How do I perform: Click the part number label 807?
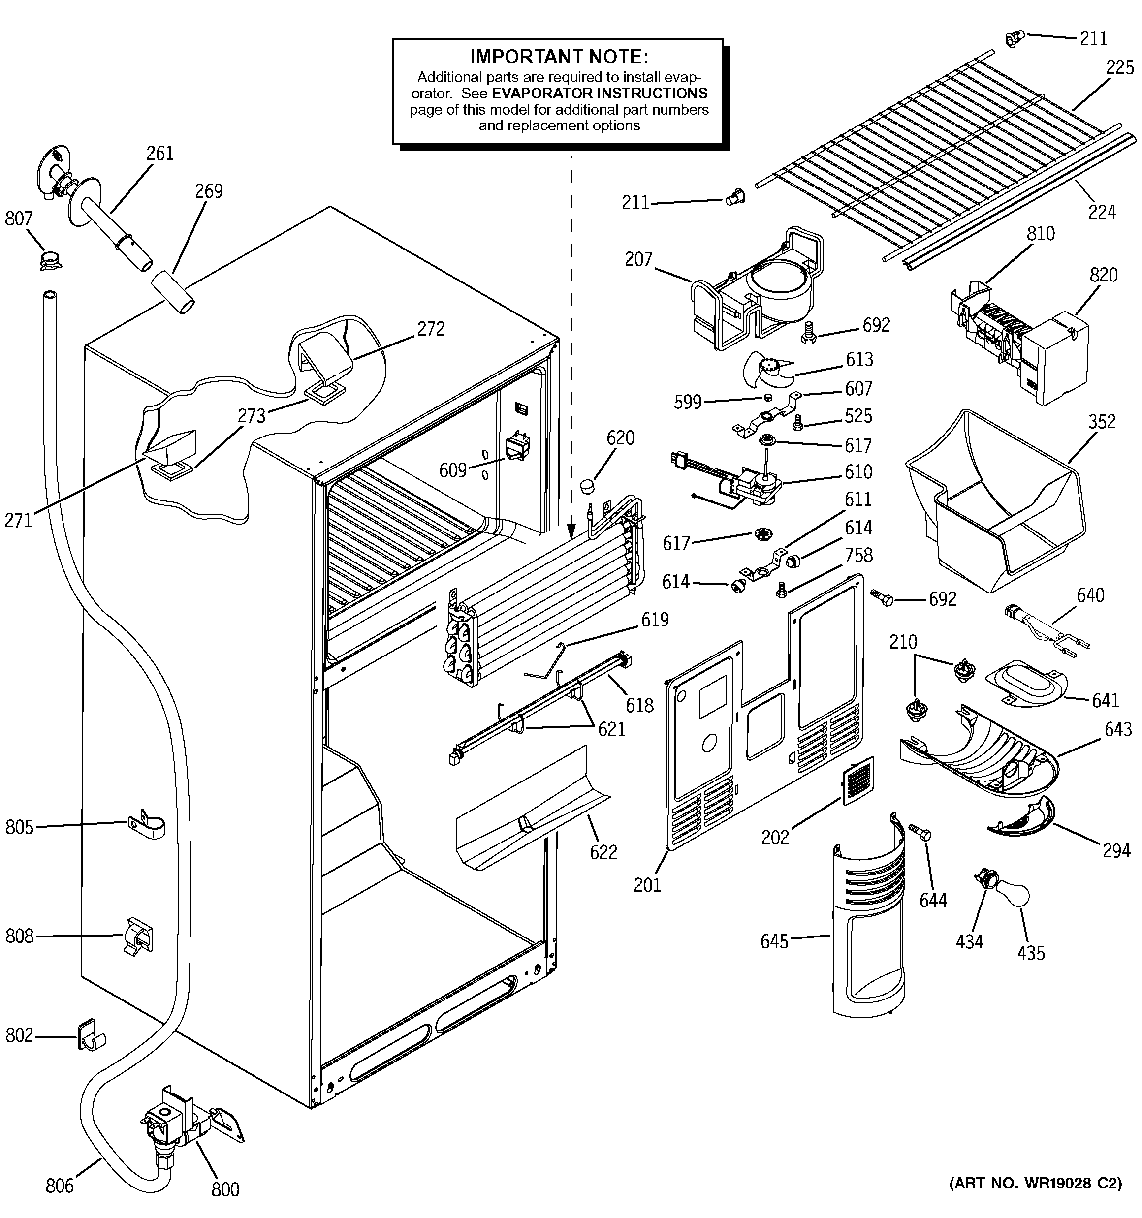pyautogui.click(x=18, y=218)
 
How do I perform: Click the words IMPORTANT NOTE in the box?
pyautogui.click(x=558, y=57)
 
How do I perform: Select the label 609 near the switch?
pyautogui.click(x=453, y=470)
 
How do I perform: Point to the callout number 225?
pyautogui.click(x=1120, y=67)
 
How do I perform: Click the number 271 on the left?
pyautogui.click(x=18, y=520)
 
